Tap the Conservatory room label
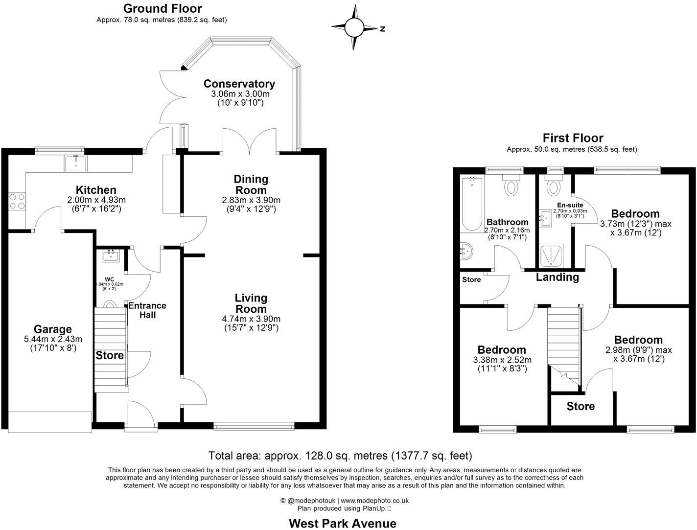pyautogui.click(x=239, y=84)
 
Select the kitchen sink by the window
pyautogui.click(x=75, y=163)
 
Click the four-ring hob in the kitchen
pyautogui.click(x=17, y=201)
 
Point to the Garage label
pyautogui.click(x=52, y=329)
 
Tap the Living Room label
pyautogui.click(x=251, y=303)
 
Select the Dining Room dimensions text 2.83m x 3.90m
pyautogui.click(x=251, y=200)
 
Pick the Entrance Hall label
pyautogui.click(x=147, y=310)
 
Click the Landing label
pyautogui.click(x=557, y=277)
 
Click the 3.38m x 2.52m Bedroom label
pyautogui.click(x=502, y=350)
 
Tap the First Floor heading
pyautogui.click(x=573, y=138)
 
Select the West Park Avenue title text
pyautogui.click(x=342, y=523)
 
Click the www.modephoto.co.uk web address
pyautogui.click(x=374, y=501)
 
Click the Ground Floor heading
pyautogui.click(x=162, y=8)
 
